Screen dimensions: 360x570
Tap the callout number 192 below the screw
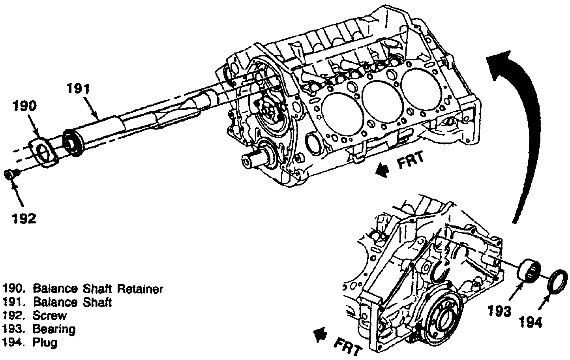point(22,218)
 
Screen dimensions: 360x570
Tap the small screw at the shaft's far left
point(10,174)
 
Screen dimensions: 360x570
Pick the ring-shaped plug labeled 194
point(558,280)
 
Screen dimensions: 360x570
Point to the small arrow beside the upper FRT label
point(382,171)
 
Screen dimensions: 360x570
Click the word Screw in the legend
point(50,315)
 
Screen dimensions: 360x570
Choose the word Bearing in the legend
point(54,329)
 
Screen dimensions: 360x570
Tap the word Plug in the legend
point(45,342)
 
